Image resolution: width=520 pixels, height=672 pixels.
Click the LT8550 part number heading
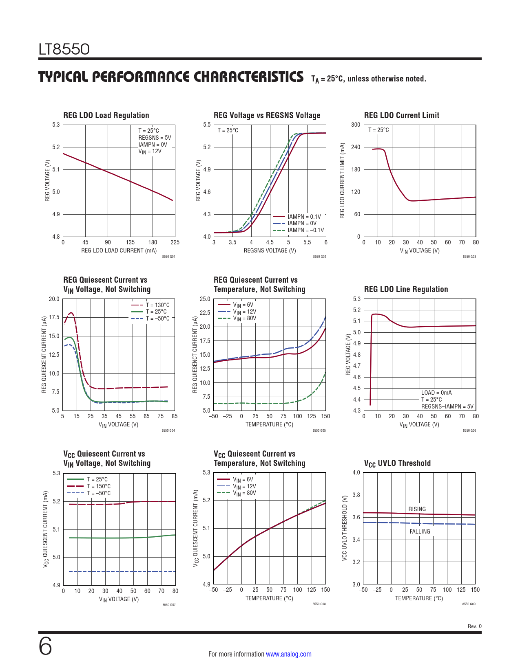(x=64, y=49)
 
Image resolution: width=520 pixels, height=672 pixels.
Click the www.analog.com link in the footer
(x=288, y=654)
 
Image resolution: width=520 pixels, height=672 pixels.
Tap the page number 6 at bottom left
(x=45, y=646)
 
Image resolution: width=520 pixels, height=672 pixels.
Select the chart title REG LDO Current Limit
(x=401, y=115)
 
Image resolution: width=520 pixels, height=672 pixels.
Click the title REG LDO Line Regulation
(x=406, y=289)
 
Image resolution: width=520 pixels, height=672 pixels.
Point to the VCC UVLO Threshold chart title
(x=397, y=463)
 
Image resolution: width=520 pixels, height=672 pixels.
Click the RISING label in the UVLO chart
(x=417, y=509)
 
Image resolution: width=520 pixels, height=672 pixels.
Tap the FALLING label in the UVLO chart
(x=420, y=531)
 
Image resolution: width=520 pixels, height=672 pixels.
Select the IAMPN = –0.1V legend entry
(x=305, y=231)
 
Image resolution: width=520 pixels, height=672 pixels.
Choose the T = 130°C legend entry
(x=157, y=305)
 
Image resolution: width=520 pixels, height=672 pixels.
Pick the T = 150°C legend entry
(x=98, y=486)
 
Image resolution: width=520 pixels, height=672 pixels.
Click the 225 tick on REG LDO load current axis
(x=175, y=242)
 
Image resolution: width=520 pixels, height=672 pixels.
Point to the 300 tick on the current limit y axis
(x=356, y=125)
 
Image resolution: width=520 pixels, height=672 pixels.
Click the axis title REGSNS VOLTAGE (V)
(x=270, y=250)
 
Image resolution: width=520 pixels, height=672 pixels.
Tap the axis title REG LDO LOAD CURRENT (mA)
(x=119, y=250)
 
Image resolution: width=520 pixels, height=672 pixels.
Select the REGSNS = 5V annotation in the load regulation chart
(x=155, y=138)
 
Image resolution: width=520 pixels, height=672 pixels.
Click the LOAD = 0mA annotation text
(x=436, y=393)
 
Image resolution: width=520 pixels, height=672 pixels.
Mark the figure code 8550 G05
(x=319, y=430)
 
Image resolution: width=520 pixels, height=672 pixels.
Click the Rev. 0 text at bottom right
(x=474, y=626)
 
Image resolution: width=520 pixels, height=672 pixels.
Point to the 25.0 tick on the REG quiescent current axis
(x=205, y=299)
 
